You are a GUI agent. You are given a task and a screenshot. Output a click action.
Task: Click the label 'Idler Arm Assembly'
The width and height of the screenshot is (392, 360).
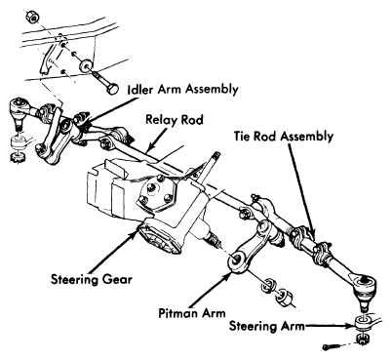point(183,90)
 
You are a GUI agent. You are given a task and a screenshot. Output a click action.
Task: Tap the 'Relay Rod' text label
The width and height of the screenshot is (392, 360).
point(175,119)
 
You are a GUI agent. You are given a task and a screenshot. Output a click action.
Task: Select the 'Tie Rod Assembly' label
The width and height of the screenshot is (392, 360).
point(284,137)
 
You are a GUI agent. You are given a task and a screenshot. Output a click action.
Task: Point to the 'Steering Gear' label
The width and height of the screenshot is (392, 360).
point(92,279)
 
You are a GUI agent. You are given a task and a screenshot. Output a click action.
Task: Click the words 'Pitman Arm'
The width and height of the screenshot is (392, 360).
point(192,313)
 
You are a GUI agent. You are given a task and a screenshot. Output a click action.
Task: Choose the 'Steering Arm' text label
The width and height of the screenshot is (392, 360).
point(267,326)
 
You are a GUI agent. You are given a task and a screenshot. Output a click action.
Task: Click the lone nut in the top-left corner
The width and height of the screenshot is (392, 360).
point(31,17)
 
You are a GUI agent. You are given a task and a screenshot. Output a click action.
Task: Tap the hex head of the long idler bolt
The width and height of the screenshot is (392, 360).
point(112,89)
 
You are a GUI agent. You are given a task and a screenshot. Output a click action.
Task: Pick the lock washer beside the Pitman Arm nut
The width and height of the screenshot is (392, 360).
point(269,284)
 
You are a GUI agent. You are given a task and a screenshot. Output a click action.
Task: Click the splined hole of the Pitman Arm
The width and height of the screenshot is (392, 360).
point(235,260)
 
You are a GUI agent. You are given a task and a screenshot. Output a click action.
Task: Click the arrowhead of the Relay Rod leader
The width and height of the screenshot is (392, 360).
point(149,149)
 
